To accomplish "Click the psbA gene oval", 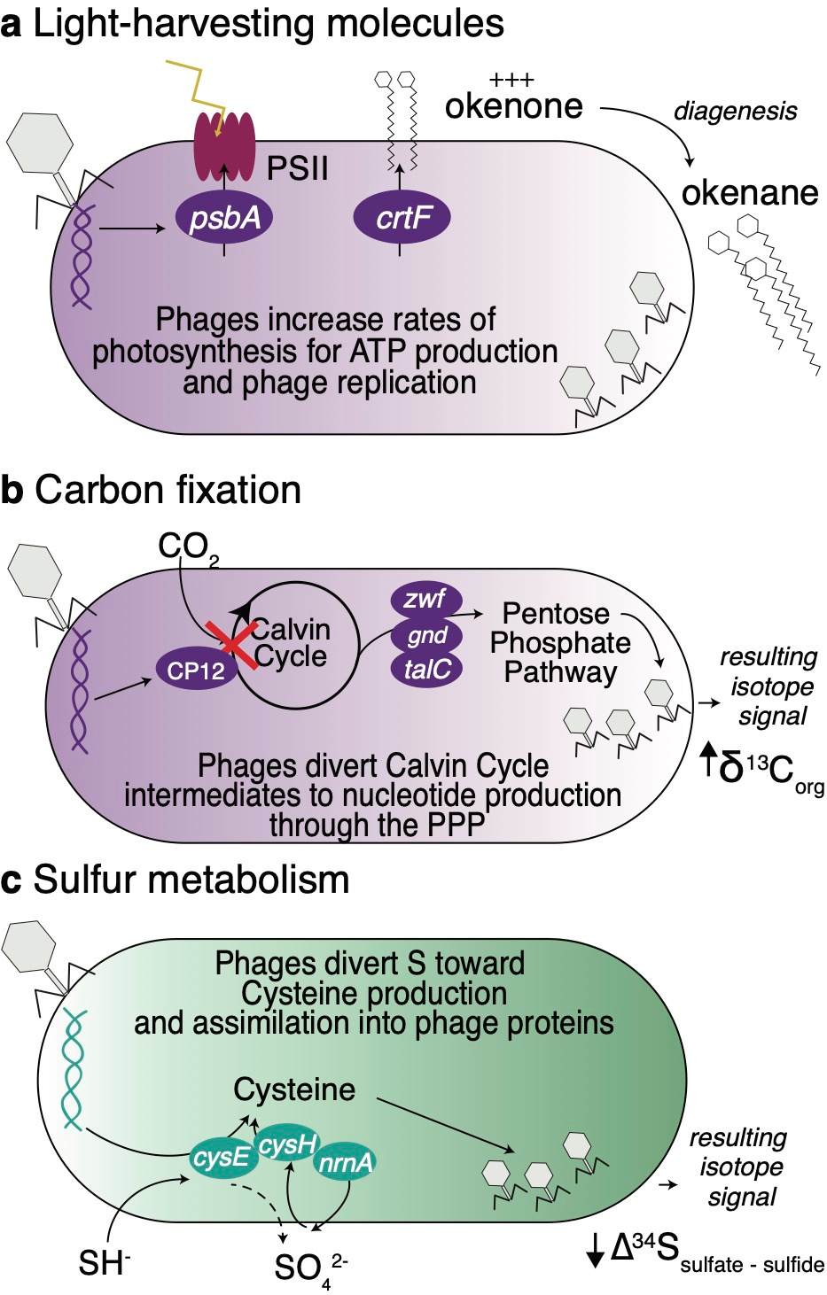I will click(224, 217).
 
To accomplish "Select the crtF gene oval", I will click(402, 217).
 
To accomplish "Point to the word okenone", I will click(513, 106).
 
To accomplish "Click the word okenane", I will click(749, 192).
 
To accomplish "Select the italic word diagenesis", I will click(735, 111).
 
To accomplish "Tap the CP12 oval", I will click(196, 671).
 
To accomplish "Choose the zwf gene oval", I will click(425, 600).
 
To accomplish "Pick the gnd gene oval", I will click(427, 635).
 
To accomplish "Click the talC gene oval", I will click(427, 669).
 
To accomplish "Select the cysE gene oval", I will click(221, 1158).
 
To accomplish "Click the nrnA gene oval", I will click(346, 1162).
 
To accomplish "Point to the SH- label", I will click(104, 1262).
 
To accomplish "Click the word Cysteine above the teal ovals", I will click(294, 1090).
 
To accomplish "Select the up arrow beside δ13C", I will click(708, 760).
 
